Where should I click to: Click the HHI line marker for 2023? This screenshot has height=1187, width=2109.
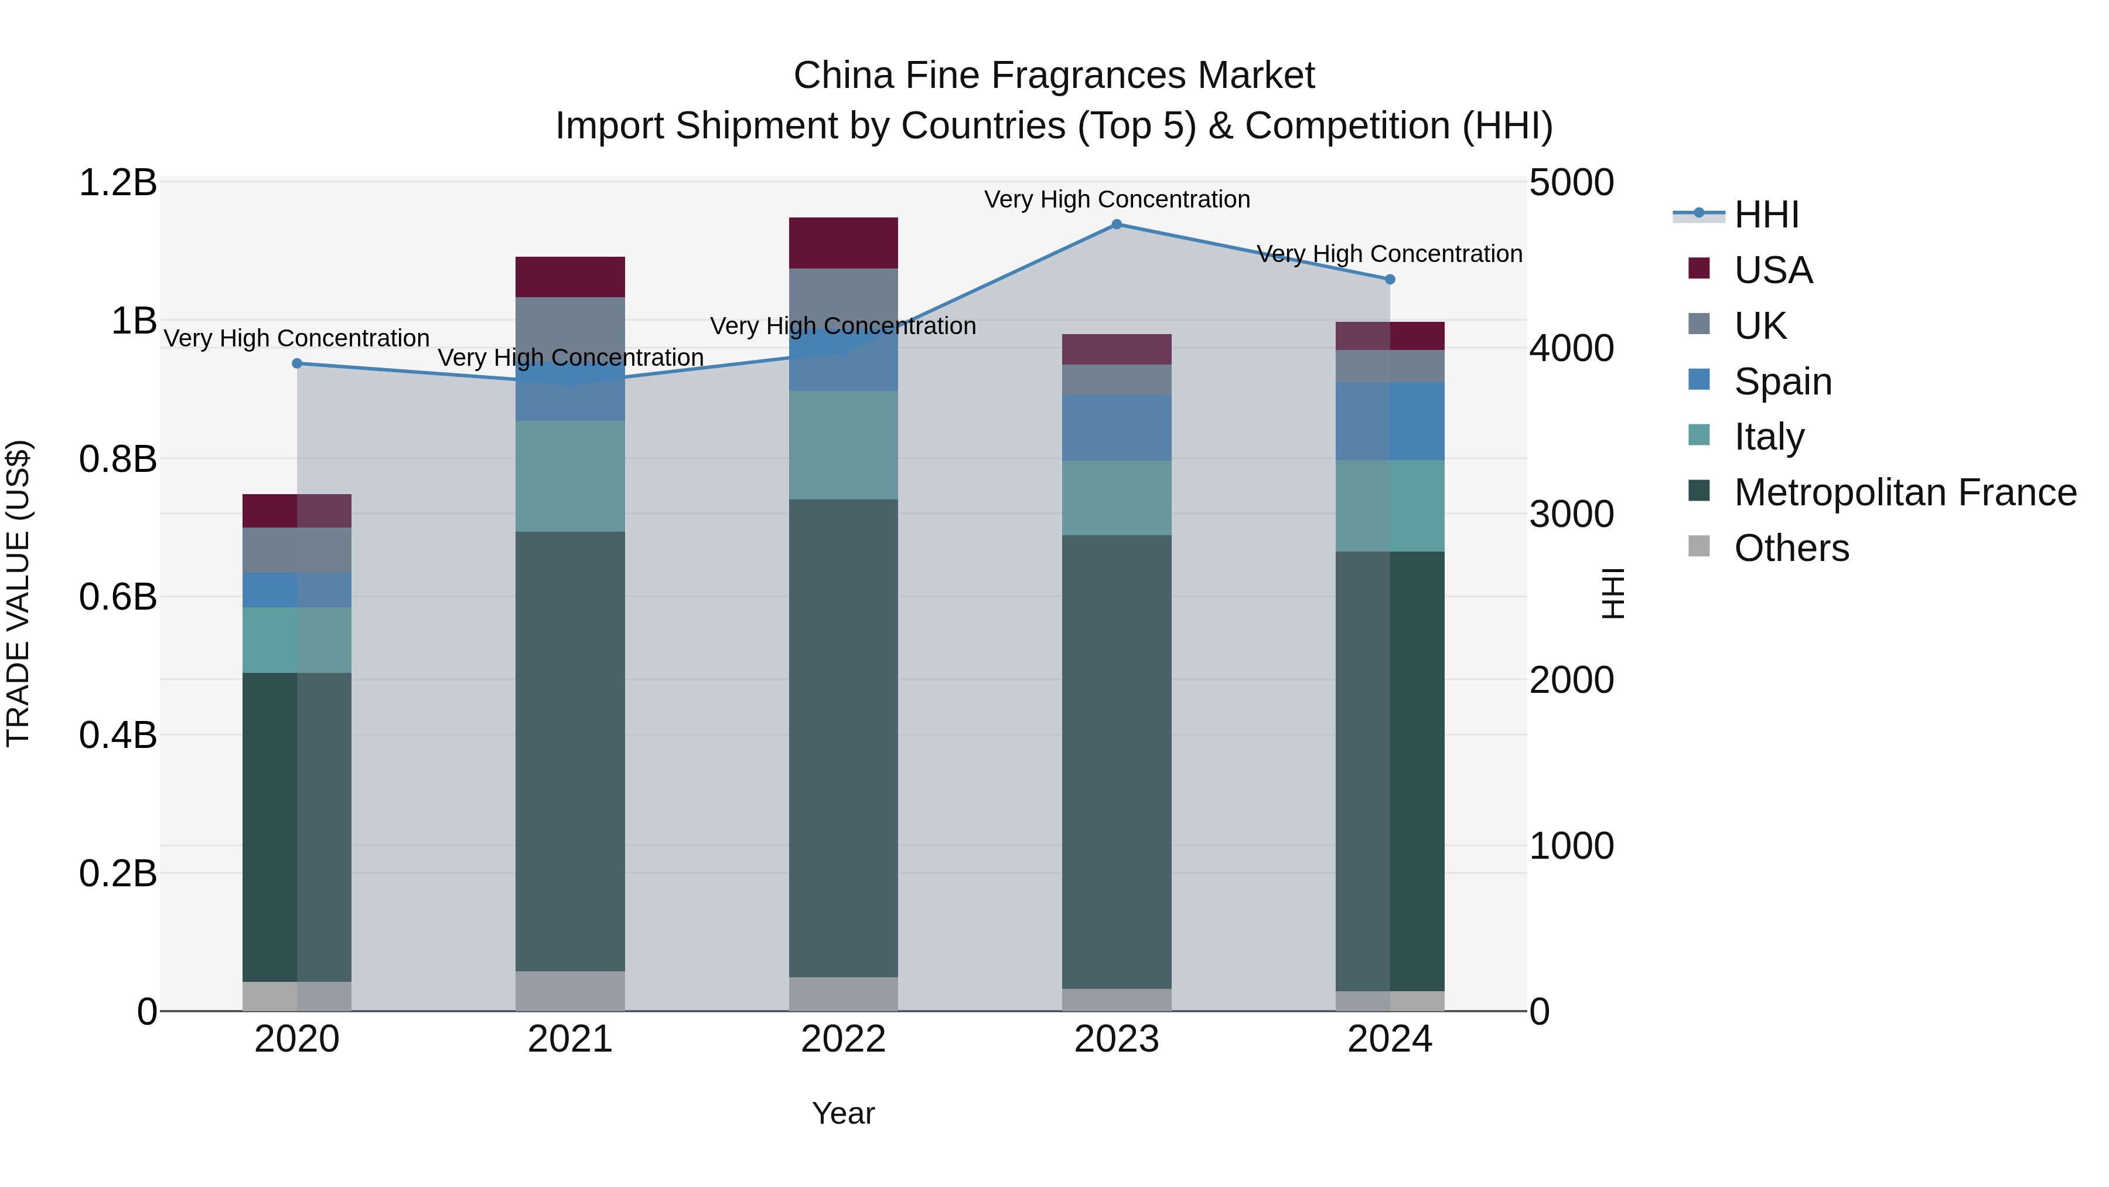point(1117,225)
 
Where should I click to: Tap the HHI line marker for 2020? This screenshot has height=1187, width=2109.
point(297,363)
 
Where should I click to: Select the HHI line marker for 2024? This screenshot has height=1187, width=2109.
point(1390,280)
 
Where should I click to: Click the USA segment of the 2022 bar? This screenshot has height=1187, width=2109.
point(843,243)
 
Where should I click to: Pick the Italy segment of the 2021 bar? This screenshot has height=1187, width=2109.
point(570,476)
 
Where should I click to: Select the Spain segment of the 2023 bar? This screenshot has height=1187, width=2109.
point(1117,428)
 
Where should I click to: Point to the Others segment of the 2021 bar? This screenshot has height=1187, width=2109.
point(570,991)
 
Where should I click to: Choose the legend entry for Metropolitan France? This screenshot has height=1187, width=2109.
point(1905,492)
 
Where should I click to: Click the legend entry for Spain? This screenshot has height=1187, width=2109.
point(1783,382)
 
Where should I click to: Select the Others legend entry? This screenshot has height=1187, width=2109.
point(1791,548)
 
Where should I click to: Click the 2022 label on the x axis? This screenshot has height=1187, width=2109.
point(843,1039)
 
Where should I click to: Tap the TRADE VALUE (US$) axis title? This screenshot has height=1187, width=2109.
point(18,593)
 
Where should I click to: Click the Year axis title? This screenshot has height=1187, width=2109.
point(843,1113)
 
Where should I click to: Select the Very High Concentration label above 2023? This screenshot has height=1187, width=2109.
point(1117,199)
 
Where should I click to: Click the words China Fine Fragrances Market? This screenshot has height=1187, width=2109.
point(1054,76)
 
